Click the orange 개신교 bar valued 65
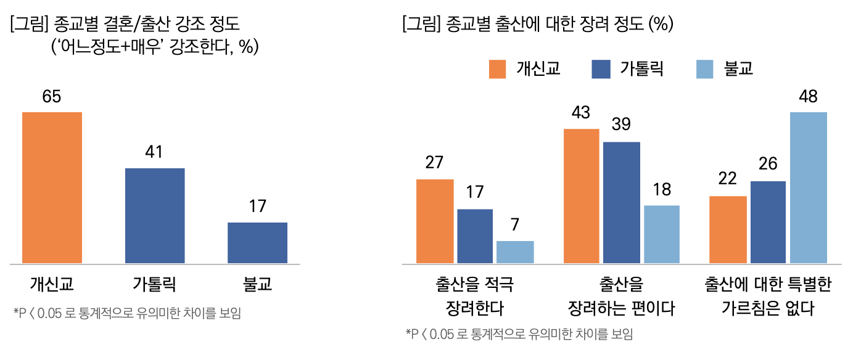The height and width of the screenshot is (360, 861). click(x=52, y=187)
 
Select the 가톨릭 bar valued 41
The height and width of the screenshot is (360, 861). click(x=155, y=216)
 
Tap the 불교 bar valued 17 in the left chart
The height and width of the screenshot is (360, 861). click(x=257, y=243)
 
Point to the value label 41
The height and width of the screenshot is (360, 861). click(x=154, y=152)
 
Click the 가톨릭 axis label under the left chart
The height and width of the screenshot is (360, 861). click(x=155, y=284)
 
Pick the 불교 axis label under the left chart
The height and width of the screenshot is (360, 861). click(x=257, y=284)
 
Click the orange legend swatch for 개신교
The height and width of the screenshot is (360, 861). click(x=497, y=68)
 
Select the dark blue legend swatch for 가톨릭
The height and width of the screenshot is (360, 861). click(x=600, y=68)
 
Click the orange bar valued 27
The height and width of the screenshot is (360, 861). click(x=435, y=221)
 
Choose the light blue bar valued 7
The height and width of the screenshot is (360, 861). click(x=515, y=252)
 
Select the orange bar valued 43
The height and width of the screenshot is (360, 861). click(x=581, y=196)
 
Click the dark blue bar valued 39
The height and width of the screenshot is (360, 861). click(x=622, y=203)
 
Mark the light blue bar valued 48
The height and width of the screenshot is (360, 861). click(x=808, y=188)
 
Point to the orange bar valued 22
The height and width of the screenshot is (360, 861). click(x=728, y=230)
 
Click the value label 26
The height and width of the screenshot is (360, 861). click(x=768, y=164)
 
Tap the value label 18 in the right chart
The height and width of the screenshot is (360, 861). click(x=662, y=189)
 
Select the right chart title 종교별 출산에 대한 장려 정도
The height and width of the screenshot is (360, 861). click(x=537, y=24)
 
